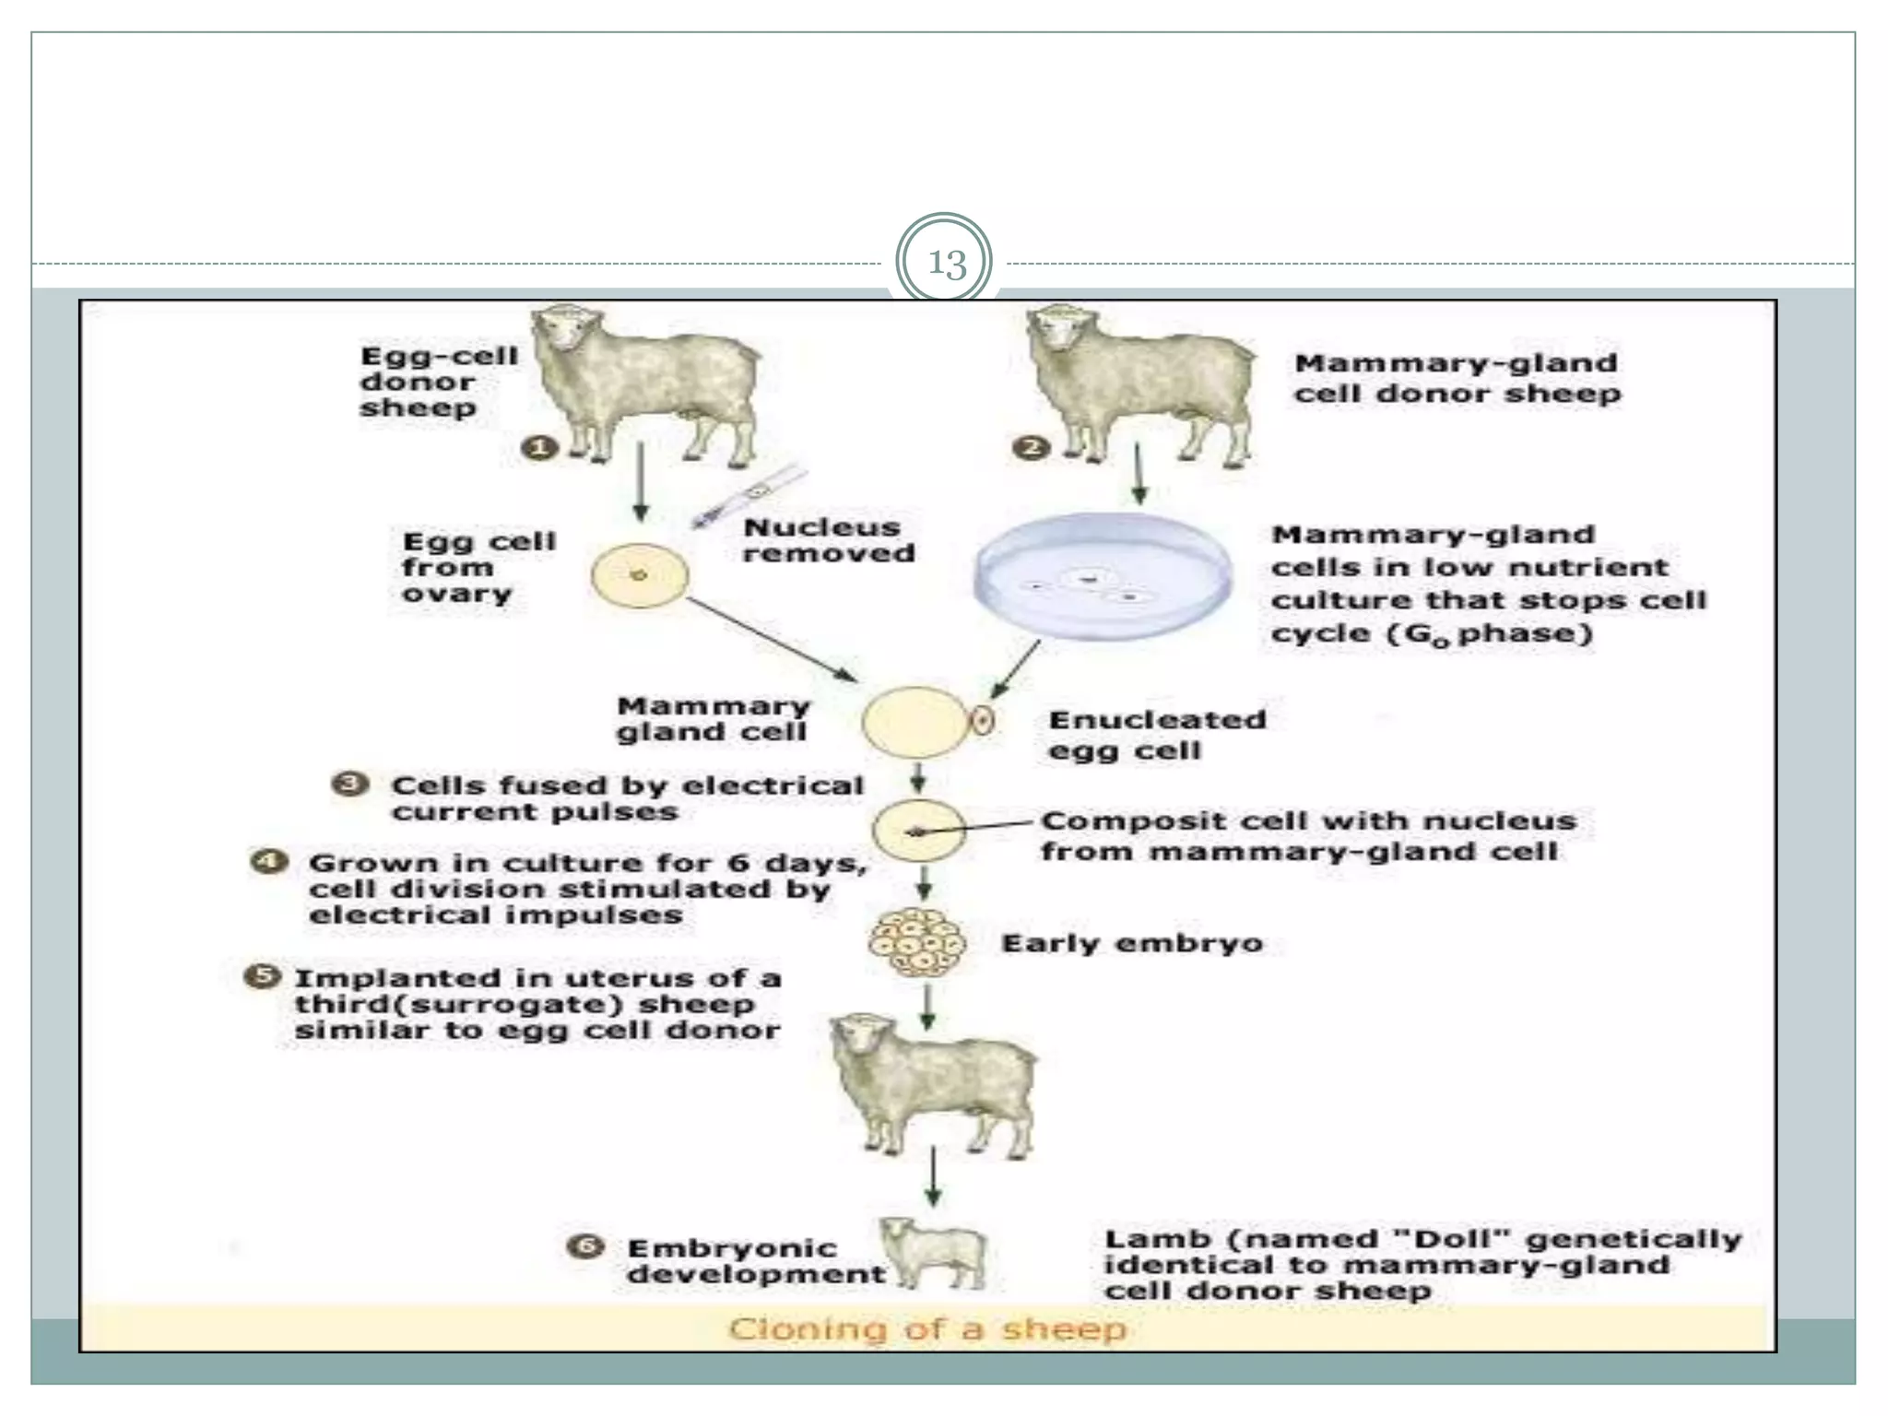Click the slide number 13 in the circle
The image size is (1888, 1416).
coord(947,265)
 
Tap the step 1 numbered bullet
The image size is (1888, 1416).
coord(540,449)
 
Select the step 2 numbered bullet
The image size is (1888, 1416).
coord(1032,449)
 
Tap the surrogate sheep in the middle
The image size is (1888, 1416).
coord(931,1084)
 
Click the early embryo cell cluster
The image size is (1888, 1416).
coord(918,943)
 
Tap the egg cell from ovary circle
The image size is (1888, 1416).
coord(639,576)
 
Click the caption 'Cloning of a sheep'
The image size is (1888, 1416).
coord(927,1328)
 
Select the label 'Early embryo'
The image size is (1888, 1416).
coord(1131,944)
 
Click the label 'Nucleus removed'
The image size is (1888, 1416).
coord(828,540)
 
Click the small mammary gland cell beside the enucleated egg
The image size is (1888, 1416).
coord(982,720)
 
